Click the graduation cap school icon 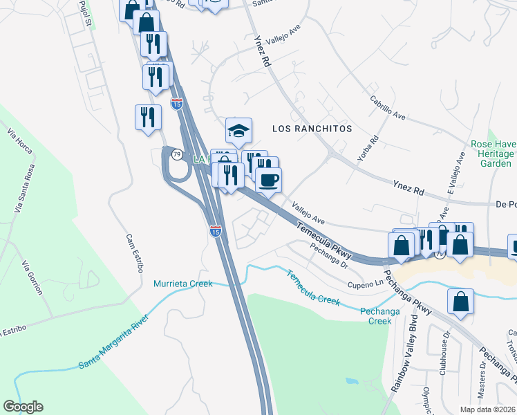pyautogui.click(x=238, y=130)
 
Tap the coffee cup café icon pyautogui.click(x=268, y=181)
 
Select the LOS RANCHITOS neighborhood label pyautogui.click(x=312, y=129)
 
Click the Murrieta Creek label pyautogui.click(x=182, y=284)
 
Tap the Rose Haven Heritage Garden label pyautogui.click(x=492, y=154)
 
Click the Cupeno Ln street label pyautogui.click(x=365, y=284)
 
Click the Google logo pyautogui.click(x=23, y=407)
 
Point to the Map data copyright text pyautogui.click(x=488, y=409)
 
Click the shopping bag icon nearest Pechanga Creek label pyautogui.click(x=460, y=302)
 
